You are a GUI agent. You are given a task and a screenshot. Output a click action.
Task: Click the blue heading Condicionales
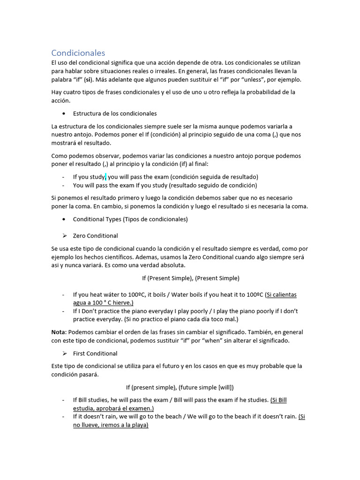point(78,53)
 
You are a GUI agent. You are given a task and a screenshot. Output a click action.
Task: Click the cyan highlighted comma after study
point(106,177)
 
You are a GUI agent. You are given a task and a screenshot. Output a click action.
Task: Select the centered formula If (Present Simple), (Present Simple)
point(190,278)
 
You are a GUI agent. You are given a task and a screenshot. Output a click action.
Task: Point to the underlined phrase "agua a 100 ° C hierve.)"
point(103,303)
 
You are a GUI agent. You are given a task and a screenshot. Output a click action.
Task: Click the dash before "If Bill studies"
point(63,400)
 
